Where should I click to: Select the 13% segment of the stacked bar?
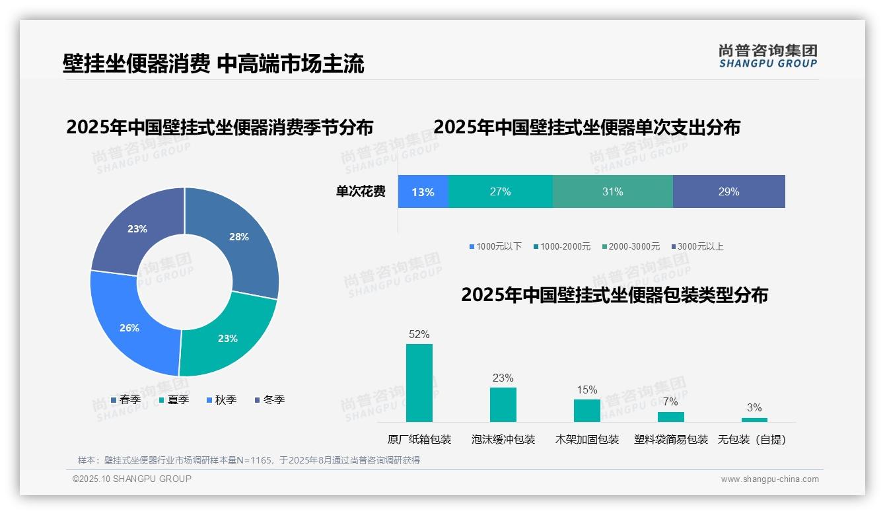423,192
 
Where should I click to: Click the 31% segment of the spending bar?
612,192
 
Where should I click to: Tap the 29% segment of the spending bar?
728,192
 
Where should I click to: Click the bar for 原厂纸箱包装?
419,383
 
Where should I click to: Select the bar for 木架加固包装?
586,410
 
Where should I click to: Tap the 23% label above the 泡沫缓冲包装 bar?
503,378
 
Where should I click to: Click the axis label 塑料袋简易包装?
671,439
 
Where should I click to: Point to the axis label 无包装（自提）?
752,439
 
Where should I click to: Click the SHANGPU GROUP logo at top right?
767,56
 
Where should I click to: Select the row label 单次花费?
361,192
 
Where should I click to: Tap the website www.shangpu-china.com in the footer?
769,479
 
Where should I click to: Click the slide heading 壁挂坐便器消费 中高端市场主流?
213,64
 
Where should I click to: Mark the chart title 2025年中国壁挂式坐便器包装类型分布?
614,295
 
